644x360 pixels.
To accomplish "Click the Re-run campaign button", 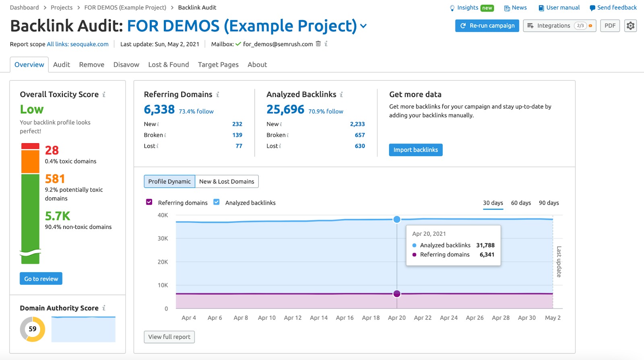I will [x=487, y=26].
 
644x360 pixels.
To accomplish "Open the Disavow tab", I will [x=126, y=65].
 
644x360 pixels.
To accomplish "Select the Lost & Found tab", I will [x=168, y=65].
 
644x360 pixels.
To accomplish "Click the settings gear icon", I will [x=630, y=26].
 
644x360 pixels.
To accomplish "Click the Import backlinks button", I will [x=415, y=150].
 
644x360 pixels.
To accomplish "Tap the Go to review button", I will [x=41, y=279].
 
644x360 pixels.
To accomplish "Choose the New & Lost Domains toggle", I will [x=227, y=181].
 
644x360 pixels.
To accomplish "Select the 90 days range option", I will [x=549, y=203].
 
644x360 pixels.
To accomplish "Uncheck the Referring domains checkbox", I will [x=149, y=202].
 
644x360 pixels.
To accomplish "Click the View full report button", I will [x=169, y=337].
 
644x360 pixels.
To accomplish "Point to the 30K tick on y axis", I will [x=163, y=239].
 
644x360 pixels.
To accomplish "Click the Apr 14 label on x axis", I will [x=318, y=318].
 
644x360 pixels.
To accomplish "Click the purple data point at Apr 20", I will [x=397, y=294].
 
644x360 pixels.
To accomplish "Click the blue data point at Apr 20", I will [x=397, y=219].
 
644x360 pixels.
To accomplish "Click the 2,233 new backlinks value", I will [x=357, y=124].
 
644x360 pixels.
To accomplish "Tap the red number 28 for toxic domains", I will [x=52, y=150].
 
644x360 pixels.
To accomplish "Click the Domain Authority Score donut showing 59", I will [x=33, y=329].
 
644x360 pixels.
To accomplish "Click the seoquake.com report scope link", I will [x=78, y=44].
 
